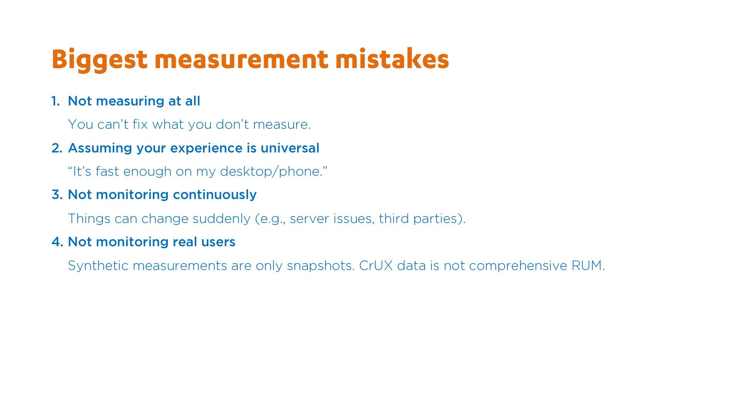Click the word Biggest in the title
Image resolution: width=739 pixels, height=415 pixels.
99,60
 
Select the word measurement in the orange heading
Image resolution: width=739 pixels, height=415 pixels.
241,60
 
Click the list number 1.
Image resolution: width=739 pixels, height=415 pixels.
55,101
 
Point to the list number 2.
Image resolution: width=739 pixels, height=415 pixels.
57,148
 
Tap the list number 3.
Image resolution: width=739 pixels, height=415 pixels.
57,195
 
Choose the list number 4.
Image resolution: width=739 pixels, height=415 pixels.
57,242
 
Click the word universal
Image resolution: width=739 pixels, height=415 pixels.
290,148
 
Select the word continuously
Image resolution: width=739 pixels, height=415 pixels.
215,195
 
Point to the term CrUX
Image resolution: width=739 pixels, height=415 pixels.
376,266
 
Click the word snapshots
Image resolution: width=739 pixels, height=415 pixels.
321,266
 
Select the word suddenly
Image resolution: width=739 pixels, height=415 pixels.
221,219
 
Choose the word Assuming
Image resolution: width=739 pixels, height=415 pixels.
100,148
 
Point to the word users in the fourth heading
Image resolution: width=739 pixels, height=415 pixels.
218,242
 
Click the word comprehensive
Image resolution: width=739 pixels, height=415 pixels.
518,266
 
